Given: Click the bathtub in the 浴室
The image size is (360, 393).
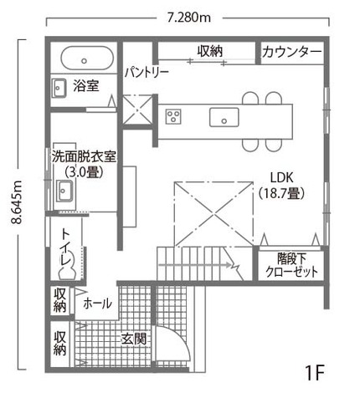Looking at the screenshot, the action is pos(87,58).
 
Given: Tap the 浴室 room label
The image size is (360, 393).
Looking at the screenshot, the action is pos(86,86).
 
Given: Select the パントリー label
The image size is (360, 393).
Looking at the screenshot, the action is pos(147,73).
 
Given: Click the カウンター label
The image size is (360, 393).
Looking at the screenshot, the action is pos(292,52).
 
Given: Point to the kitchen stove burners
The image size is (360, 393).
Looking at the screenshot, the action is pos(173,116).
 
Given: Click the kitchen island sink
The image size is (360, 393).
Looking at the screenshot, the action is pos(224,117).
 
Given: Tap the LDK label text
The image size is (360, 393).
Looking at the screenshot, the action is pos(282,177).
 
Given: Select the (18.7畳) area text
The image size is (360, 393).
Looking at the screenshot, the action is pos(281,193).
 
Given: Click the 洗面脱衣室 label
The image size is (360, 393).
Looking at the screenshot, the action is pos(84,157).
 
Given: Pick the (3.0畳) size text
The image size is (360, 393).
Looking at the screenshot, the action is pos(84,172).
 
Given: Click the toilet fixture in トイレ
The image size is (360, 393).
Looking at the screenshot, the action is pos(67,266).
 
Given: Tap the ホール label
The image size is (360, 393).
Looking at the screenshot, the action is pos(98,304).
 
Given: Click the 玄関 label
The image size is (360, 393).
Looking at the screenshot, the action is pos(134,339).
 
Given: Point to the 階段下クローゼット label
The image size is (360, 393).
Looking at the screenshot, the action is pos(291,265).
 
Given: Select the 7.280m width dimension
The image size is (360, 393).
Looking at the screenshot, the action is pos(189,18).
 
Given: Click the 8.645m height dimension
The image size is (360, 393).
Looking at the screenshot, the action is pos(18,202).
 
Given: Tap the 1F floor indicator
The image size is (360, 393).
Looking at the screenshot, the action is pos(315,373).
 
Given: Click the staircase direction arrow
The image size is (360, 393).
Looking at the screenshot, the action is pos(196,265).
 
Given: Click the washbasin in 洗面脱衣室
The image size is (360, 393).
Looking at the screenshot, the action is pos(64,191).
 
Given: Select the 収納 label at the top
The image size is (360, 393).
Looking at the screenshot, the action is pos(210,51).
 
